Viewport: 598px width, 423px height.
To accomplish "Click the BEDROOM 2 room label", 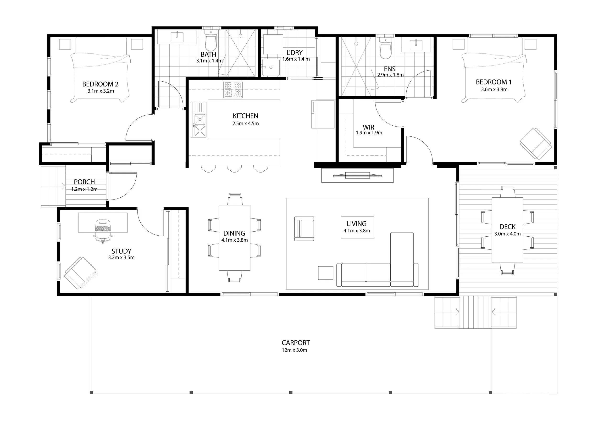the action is (100, 84).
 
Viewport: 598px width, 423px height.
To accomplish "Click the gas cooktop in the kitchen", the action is (233, 90).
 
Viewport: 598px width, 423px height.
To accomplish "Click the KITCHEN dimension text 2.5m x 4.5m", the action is (246, 123).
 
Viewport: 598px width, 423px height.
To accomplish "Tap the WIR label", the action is (369, 127).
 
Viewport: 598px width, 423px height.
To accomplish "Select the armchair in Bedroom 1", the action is (536, 144).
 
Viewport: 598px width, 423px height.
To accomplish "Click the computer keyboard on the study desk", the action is (103, 228).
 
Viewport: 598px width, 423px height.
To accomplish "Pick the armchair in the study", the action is (80, 273).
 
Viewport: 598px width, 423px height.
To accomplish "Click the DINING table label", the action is (234, 233).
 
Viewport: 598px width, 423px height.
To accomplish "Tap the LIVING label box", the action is (357, 227).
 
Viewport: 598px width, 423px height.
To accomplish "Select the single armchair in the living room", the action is (304, 229).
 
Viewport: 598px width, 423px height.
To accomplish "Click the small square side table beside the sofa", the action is (326, 273).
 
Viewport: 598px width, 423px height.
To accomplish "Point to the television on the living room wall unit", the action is (357, 176).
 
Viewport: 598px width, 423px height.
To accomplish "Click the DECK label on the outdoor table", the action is (507, 227).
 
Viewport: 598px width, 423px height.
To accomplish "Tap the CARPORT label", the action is (296, 343).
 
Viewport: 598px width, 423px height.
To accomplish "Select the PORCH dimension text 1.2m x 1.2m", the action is (84, 189).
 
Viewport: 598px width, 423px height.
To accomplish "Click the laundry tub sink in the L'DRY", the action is (271, 67).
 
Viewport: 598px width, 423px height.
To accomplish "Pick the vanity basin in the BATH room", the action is (177, 37).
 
